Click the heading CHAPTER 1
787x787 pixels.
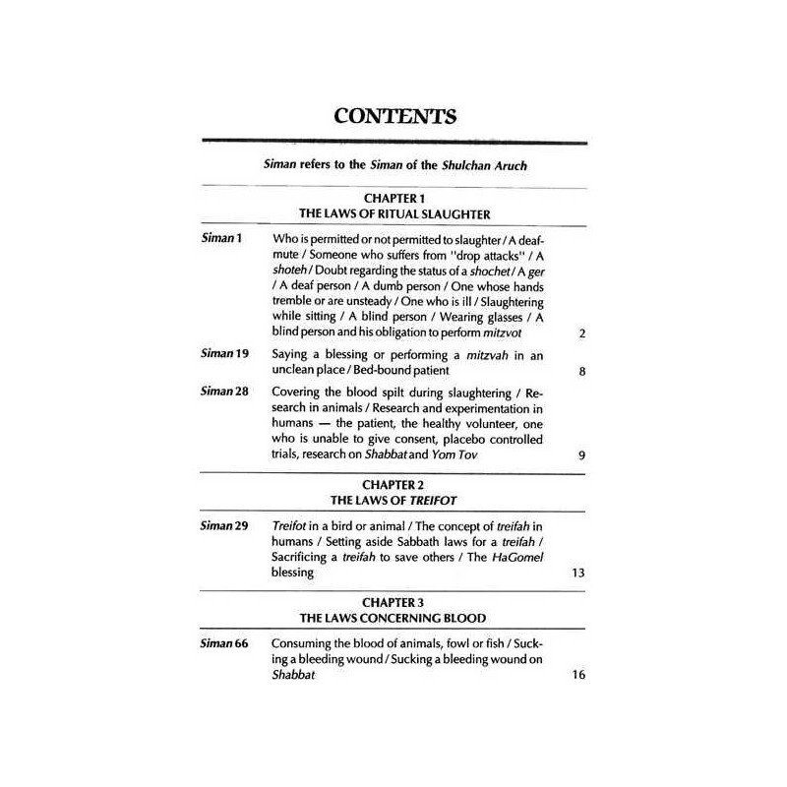393,198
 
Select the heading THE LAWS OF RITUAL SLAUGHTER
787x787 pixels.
393,213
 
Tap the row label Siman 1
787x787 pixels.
222,239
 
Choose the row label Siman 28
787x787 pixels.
225,392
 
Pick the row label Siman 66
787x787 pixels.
225,643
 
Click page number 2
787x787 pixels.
582,333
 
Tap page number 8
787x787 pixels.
582,373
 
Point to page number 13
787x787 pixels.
579,572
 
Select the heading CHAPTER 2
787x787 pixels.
393,485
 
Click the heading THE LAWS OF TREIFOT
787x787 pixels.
393,501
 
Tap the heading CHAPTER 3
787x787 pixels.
393,601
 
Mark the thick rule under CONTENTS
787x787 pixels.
393,143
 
